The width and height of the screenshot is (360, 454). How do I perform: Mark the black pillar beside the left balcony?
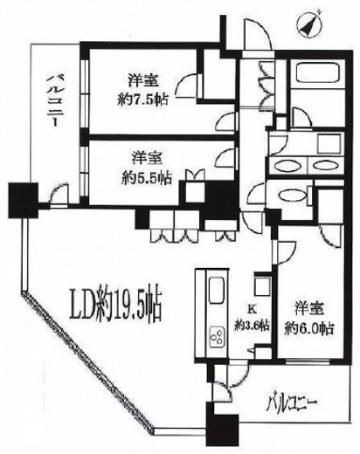click(x=19, y=196)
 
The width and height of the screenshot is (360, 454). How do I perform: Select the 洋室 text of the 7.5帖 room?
click(x=143, y=77)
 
